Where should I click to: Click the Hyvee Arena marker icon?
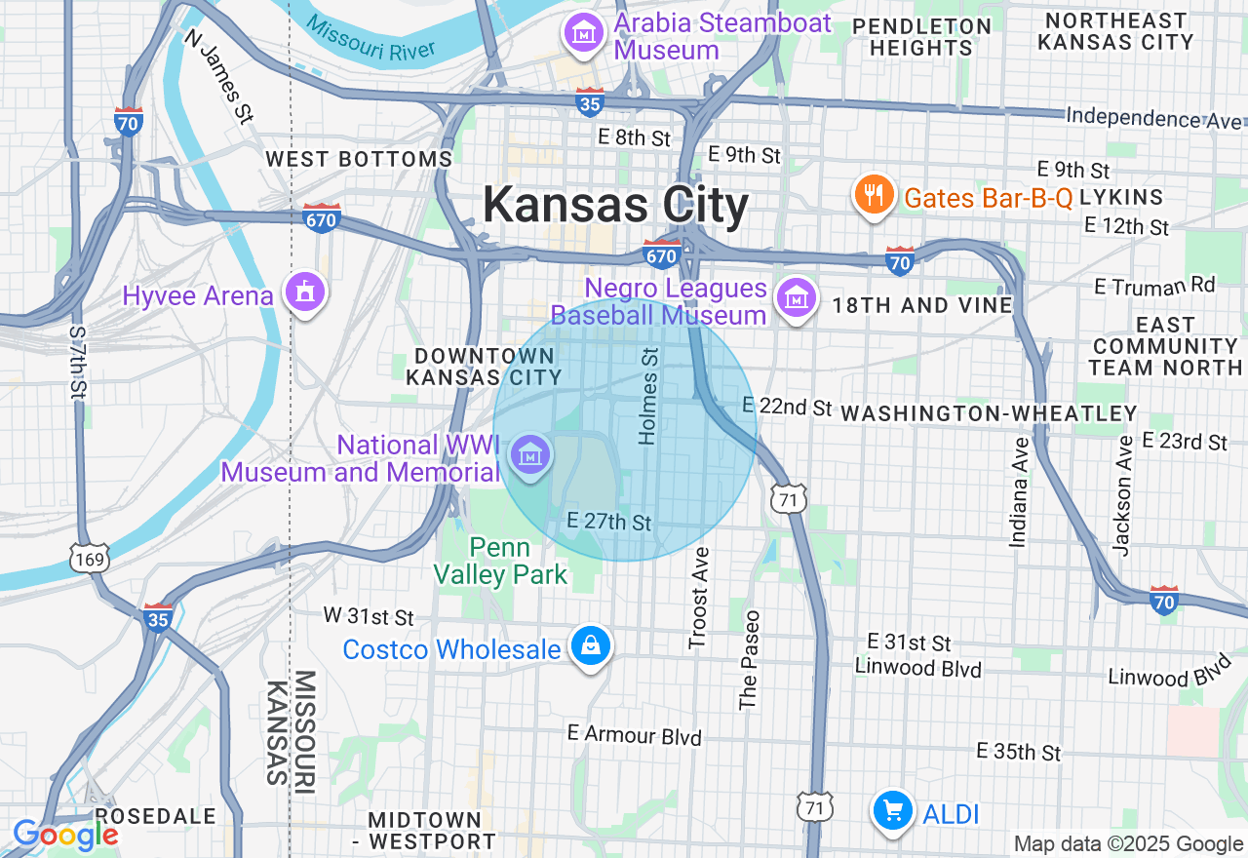click(304, 292)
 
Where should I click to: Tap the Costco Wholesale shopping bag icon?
click(590, 645)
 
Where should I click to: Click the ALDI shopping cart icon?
click(892, 811)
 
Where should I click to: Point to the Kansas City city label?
click(616, 206)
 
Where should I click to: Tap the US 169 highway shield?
click(89, 558)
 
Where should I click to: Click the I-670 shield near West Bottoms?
click(321, 217)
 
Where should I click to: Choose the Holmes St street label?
click(648, 395)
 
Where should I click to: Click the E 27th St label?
click(609, 522)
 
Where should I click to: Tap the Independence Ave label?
click(1155, 118)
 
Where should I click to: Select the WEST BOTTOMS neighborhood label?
click(359, 159)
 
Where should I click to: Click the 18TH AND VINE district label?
click(921, 305)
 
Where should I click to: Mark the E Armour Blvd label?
click(635, 735)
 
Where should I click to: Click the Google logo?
click(65, 835)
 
